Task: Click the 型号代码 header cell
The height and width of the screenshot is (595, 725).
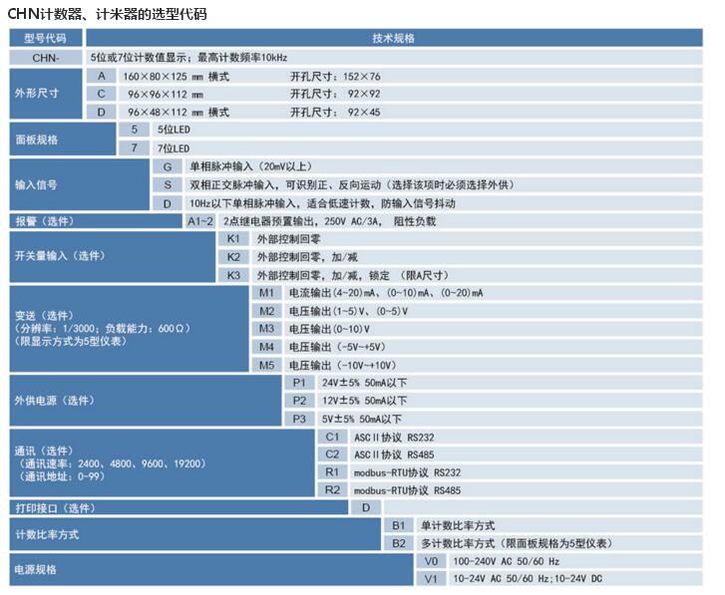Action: point(46,38)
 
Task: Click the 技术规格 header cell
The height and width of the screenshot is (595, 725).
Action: point(398,38)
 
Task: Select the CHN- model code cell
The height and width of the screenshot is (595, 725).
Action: point(46,58)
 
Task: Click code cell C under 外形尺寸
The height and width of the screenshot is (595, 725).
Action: point(101,94)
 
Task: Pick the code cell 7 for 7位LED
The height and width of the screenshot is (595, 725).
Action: point(133,148)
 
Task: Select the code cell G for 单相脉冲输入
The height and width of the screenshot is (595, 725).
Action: point(167,165)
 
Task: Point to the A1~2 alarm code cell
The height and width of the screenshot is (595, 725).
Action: point(200,221)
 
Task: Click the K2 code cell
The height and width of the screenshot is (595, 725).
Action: point(233,257)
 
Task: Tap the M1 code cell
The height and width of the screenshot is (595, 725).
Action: point(266,293)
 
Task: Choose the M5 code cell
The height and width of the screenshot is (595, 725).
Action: point(266,365)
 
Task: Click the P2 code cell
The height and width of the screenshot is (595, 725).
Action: point(299,401)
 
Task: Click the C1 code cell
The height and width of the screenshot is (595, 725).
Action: point(332,437)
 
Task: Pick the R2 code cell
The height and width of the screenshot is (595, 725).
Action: point(332,490)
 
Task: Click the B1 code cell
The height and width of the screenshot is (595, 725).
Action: point(398,525)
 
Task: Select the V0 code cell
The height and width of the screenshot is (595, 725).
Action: point(430,561)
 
